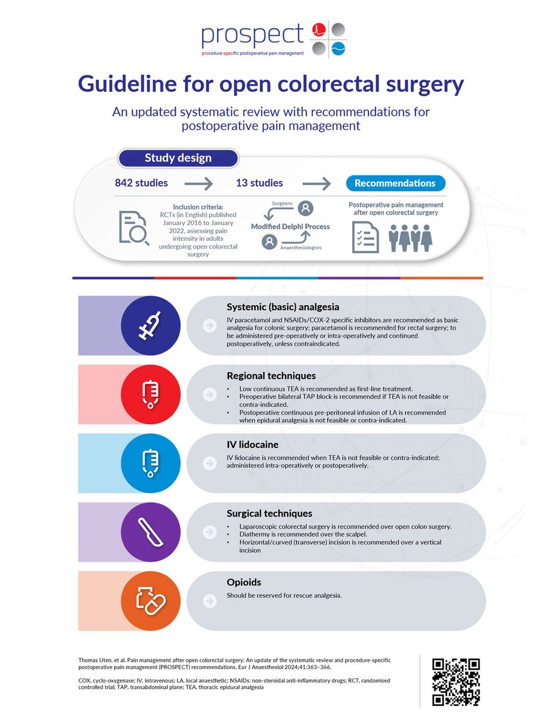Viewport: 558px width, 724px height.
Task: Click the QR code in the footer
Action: click(457, 681)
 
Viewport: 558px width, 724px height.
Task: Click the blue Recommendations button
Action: click(395, 183)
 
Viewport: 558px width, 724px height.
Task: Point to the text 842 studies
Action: click(142, 183)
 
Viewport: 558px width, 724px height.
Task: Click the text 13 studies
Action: click(259, 183)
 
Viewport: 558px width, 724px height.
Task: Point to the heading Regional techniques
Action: click(263, 375)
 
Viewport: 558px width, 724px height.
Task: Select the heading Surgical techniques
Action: click(261, 513)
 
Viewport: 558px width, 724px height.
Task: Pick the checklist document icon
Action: click(365, 237)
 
